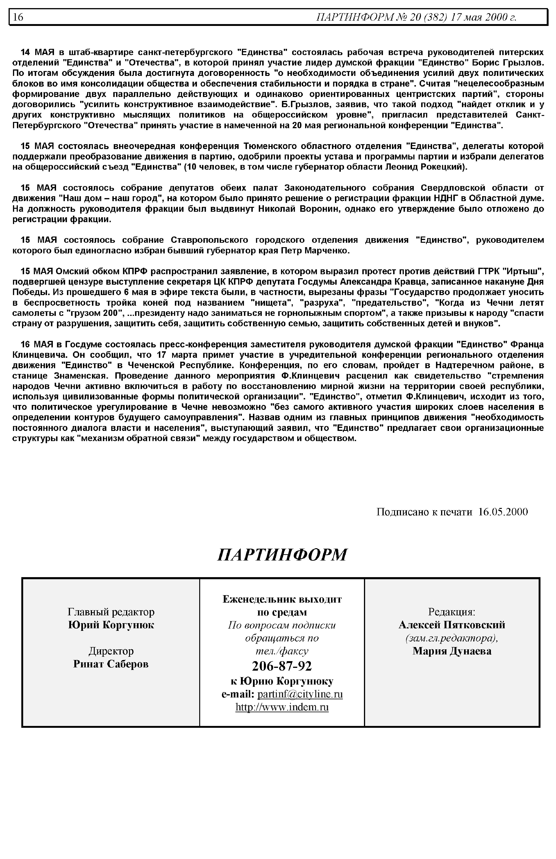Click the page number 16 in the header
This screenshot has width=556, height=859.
18,17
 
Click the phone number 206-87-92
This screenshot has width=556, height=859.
282,666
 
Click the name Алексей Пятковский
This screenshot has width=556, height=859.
452,625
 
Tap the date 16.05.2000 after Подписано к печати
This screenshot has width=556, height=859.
503,512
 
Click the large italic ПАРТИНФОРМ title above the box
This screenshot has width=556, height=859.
282,555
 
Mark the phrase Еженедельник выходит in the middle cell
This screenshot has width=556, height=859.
282,599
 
